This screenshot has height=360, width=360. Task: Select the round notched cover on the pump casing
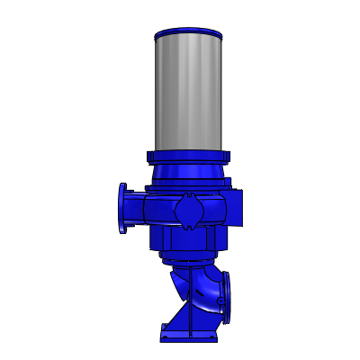pyautogui.click(x=191, y=212)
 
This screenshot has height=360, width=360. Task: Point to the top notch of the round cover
pyautogui.click(x=191, y=195)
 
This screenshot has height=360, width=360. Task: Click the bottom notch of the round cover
pyautogui.click(x=191, y=229)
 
